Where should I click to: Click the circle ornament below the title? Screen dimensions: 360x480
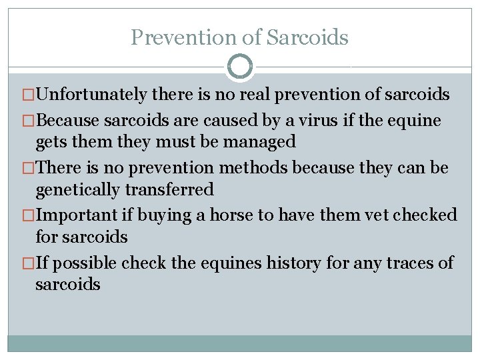(x=240, y=66)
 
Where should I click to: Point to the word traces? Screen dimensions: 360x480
(x=403, y=263)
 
